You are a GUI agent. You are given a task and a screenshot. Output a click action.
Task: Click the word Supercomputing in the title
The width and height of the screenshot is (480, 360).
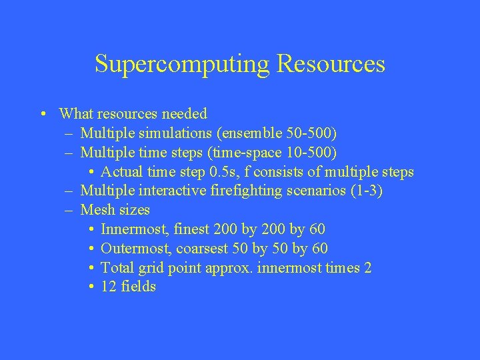pos(182,64)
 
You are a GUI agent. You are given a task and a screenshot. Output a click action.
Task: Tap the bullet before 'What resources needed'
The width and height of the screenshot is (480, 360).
pos(43,114)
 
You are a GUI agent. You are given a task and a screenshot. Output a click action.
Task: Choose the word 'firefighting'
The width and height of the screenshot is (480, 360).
pos(243,191)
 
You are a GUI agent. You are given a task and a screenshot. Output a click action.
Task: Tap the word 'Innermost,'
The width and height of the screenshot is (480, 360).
pos(134,230)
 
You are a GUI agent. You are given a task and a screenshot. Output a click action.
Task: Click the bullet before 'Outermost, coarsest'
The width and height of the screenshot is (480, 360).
pos(91,249)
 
